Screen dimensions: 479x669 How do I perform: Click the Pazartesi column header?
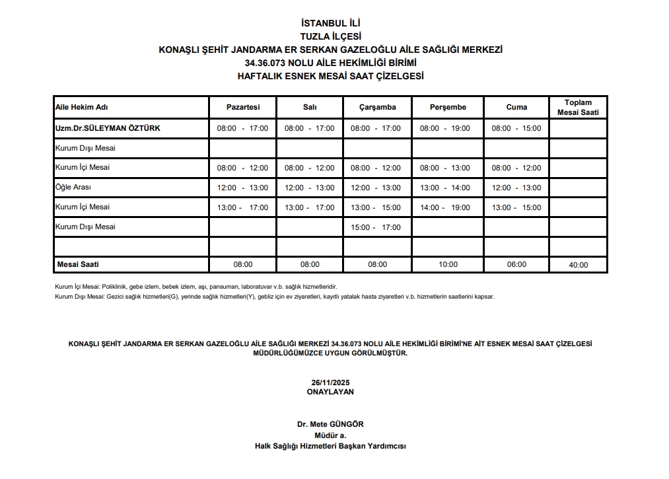point(242,107)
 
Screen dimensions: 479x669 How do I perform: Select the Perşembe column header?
point(448,107)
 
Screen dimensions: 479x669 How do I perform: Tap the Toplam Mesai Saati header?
point(578,107)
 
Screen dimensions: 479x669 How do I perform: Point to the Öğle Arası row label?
point(73,188)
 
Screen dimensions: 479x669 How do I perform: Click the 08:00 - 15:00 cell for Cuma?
point(516,129)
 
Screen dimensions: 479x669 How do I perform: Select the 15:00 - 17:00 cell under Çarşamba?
point(376,228)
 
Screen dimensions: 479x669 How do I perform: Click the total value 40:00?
point(578,265)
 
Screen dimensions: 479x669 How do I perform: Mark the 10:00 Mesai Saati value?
point(448,264)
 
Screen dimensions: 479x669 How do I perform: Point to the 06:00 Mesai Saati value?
point(516,264)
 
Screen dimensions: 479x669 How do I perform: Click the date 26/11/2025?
point(330,383)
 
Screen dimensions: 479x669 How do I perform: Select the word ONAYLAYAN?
point(330,392)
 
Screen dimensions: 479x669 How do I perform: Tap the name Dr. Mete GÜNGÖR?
point(330,424)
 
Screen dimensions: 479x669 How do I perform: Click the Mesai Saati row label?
point(78,264)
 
